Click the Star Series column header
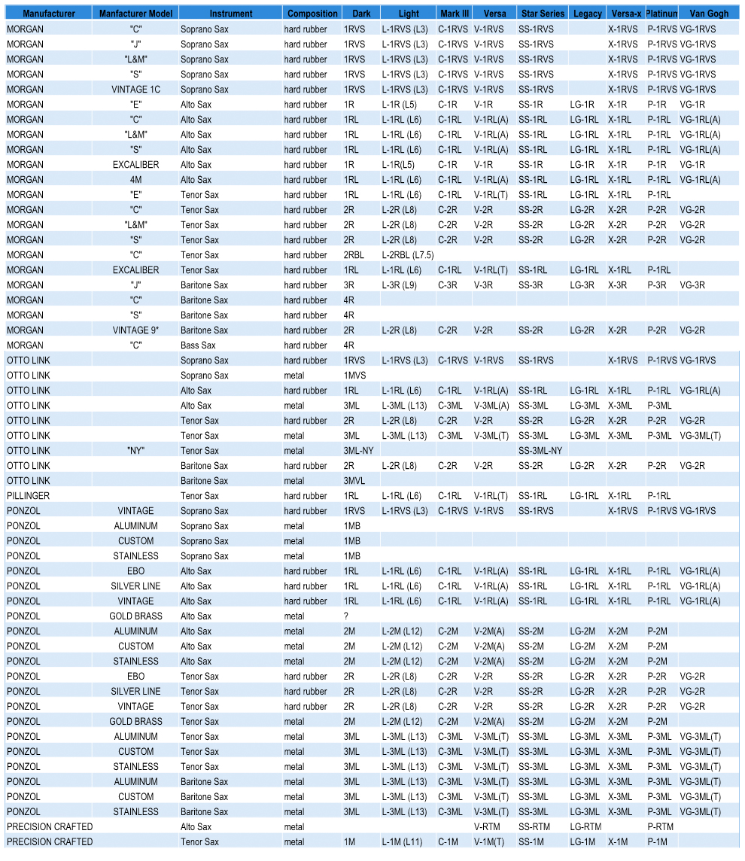pos(543,14)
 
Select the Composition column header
pos(312,14)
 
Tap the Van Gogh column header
pos(709,14)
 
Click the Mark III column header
pos(455,14)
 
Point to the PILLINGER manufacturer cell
pos(29,496)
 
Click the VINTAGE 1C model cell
pos(136,90)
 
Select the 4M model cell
pos(136,180)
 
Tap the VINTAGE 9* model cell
pos(136,330)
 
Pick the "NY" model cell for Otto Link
pos(136,451)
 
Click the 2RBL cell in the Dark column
pos(354,255)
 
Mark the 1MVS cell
pos(354,376)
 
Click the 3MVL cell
pos(354,481)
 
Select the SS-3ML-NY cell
pos(540,451)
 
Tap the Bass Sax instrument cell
pos(198,345)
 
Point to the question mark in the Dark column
pos(346,616)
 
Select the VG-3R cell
pos(692,285)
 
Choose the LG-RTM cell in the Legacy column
pos(585,827)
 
